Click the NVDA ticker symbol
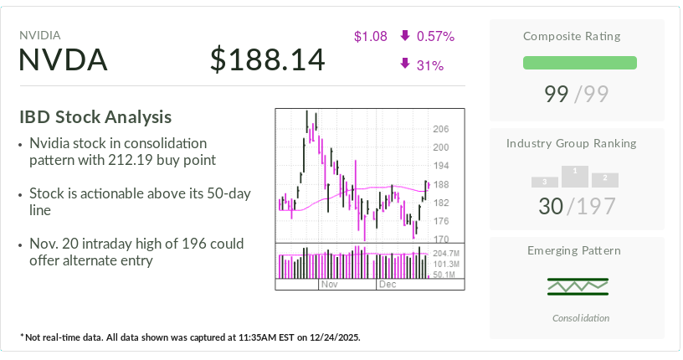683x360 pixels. [x=64, y=60]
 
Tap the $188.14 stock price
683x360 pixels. [x=267, y=60]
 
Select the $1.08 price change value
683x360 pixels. [x=370, y=36]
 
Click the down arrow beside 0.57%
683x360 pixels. [x=405, y=36]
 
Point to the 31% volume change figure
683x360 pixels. [x=429, y=65]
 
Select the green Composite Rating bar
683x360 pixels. [x=579, y=63]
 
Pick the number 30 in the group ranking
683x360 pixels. [x=551, y=205]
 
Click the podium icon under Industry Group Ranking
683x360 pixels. [x=575, y=176]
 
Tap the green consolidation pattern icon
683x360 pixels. [x=578, y=286]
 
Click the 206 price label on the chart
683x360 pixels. [x=440, y=129]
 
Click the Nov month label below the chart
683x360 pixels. [x=328, y=285]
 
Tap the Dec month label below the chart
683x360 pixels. [x=387, y=285]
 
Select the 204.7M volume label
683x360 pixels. [x=446, y=252]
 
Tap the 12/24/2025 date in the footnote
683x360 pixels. [x=331, y=337]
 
